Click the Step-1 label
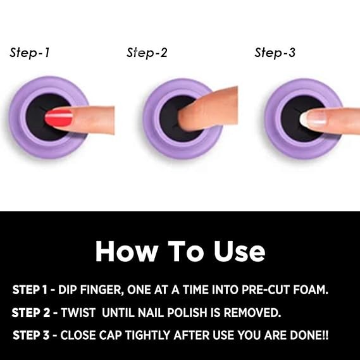(x=30, y=53)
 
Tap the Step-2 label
(x=147, y=53)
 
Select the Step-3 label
(x=275, y=53)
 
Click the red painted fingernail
(x=59, y=118)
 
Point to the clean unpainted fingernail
(x=313, y=118)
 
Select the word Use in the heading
(x=239, y=251)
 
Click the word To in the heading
(x=186, y=251)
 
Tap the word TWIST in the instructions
(x=78, y=313)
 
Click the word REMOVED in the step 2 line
(x=252, y=313)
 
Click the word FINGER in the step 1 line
(x=102, y=290)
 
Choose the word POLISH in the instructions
(x=187, y=313)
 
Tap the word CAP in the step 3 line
(x=111, y=335)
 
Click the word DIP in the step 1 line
(x=68, y=290)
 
